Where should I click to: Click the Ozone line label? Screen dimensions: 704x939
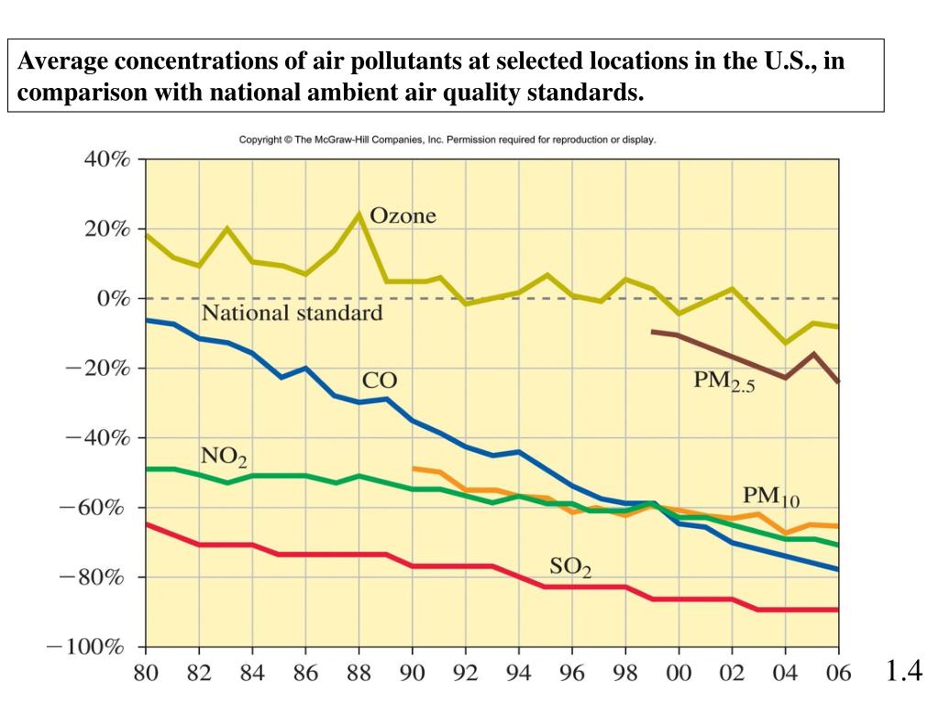(403, 217)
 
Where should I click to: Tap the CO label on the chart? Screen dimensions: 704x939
(378, 381)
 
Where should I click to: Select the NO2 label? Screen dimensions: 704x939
(224, 456)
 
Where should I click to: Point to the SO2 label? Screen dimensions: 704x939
(570, 567)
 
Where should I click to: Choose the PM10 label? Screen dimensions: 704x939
(770, 498)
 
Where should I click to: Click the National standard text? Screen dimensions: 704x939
(292, 313)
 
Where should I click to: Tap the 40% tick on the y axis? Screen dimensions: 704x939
(107, 159)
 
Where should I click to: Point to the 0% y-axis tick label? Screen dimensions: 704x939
(114, 299)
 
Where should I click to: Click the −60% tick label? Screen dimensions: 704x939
(96, 507)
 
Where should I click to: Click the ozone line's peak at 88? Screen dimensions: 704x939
(360, 214)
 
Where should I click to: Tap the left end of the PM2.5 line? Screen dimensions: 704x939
(652, 331)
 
